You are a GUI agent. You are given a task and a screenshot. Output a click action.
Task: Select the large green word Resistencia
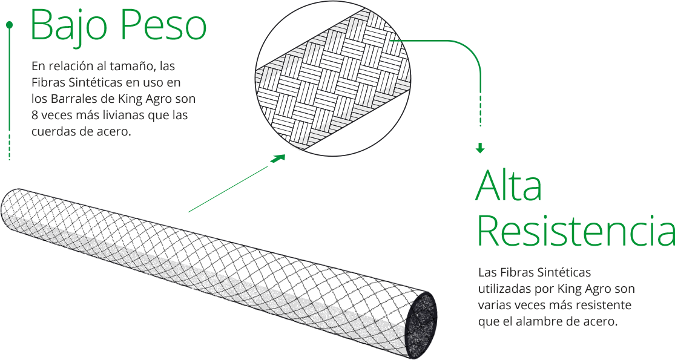click(576, 232)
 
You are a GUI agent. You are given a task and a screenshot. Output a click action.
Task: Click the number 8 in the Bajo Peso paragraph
click(35, 115)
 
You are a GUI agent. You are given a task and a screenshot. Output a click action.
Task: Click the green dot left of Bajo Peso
click(9, 25)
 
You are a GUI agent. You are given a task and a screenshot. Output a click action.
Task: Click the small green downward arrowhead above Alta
click(480, 148)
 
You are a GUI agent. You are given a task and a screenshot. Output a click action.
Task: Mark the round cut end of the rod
click(422, 323)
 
